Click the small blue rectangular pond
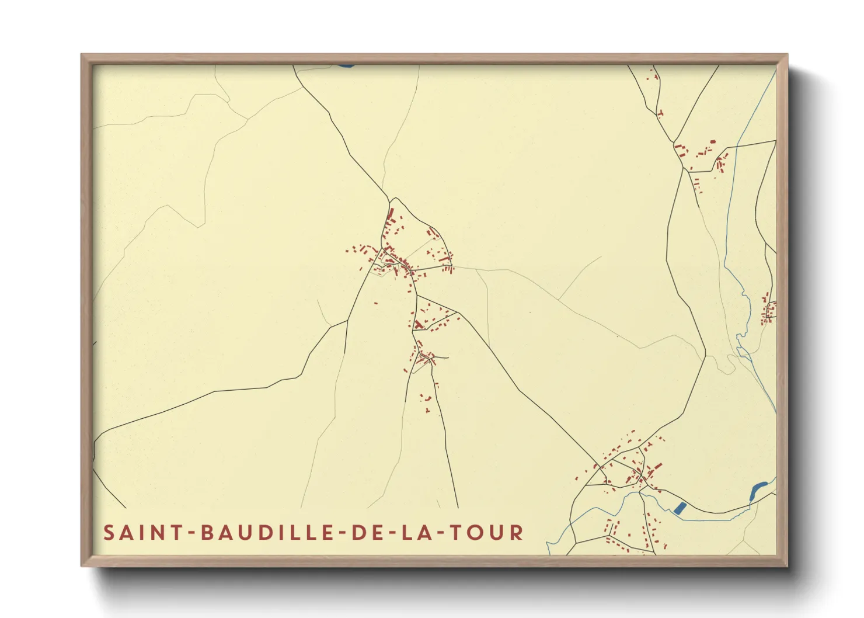coord(679,508)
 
